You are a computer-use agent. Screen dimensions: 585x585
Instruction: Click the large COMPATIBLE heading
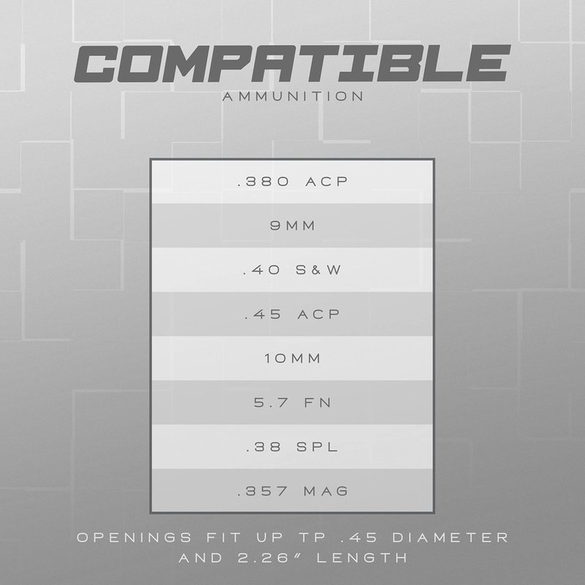pyautogui.click(x=292, y=64)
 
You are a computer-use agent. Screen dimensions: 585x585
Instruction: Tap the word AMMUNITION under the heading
pyautogui.click(x=293, y=97)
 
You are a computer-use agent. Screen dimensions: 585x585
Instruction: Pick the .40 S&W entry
pyautogui.click(x=292, y=270)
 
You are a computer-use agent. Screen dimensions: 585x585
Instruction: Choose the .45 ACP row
pyautogui.click(x=292, y=314)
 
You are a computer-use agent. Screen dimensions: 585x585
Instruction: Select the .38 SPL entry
pyautogui.click(x=292, y=447)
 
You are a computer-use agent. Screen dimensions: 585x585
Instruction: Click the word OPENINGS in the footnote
pyautogui.click(x=135, y=537)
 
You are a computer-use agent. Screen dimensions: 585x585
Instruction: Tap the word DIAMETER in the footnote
pyautogui.click(x=450, y=537)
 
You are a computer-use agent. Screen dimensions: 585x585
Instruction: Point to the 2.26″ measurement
pyautogui.click(x=263, y=558)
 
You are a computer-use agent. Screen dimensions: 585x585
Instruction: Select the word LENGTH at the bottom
pyautogui.click(x=362, y=558)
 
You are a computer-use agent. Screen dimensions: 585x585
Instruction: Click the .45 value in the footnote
pyautogui.click(x=359, y=537)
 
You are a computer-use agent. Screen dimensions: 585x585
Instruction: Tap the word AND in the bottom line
pyautogui.click(x=200, y=558)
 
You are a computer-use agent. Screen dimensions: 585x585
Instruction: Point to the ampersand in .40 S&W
pyautogui.click(x=316, y=270)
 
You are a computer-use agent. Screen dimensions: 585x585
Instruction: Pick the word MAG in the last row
pyautogui.click(x=325, y=491)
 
